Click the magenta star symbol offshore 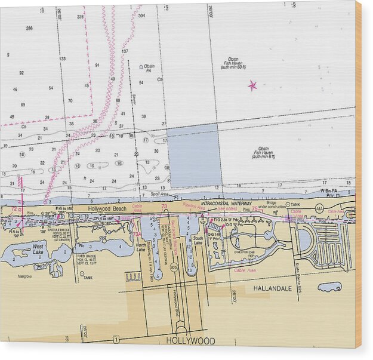point(252,85)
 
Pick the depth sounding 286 point(29,28)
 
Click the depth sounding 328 point(80,17)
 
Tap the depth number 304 point(141,16)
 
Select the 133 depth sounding point(62,59)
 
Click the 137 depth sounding point(125,51)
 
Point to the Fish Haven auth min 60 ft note point(233,63)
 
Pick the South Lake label point(198,241)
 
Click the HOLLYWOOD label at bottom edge point(190,341)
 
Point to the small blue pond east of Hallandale point(329,287)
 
